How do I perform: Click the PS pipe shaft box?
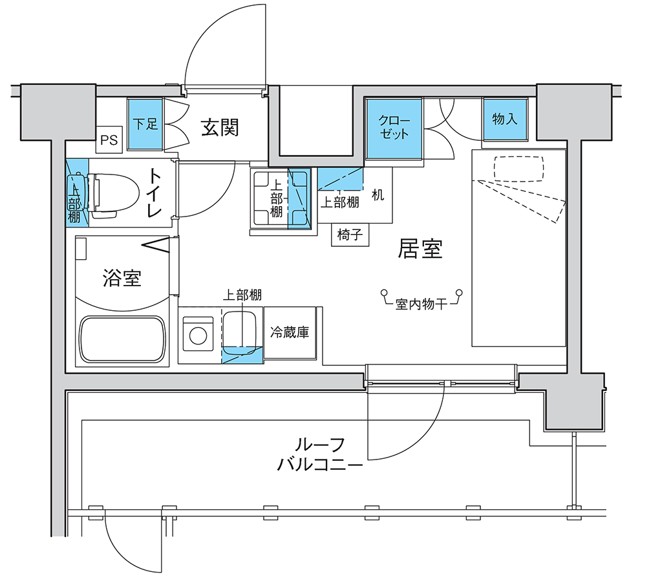tap(109, 139)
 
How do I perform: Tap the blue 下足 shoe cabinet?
tap(145, 123)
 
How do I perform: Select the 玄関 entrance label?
tap(220, 127)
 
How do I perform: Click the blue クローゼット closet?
tap(394, 129)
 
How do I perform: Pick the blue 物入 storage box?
tap(506, 120)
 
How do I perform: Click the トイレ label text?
tap(155, 194)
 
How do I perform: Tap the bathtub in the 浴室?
tap(122, 339)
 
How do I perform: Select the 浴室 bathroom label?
tap(122, 278)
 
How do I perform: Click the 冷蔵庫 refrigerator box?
tap(290, 332)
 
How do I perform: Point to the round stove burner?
tap(198, 336)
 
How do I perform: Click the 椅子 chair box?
tap(350, 235)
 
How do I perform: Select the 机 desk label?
tap(378, 195)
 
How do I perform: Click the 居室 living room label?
tap(420, 249)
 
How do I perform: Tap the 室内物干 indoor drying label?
tap(421, 304)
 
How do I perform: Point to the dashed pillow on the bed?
tap(519, 169)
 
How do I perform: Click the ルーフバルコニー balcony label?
tap(320, 455)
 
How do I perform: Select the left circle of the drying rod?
tap(384, 293)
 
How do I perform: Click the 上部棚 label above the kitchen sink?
tap(242, 295)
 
